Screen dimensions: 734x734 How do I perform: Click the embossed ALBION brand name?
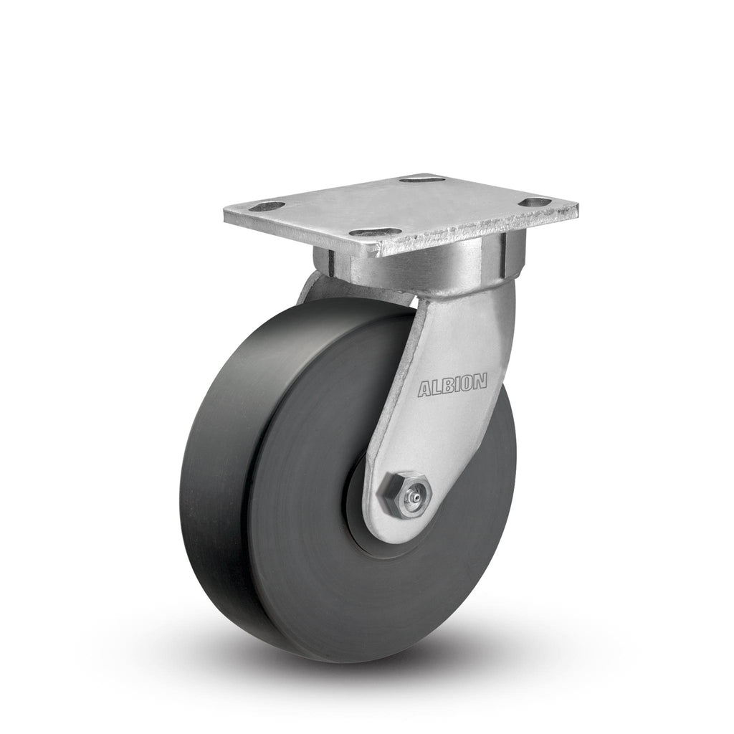click(452, 385)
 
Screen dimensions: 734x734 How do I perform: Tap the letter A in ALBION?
click(424, 390)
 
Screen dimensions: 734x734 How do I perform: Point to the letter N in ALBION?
click(480, 381)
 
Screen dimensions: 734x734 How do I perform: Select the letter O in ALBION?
click(467, 383)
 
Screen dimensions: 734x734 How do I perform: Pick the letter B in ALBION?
click(446, 386)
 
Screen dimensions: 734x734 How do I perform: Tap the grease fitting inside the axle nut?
click(413, 493)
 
